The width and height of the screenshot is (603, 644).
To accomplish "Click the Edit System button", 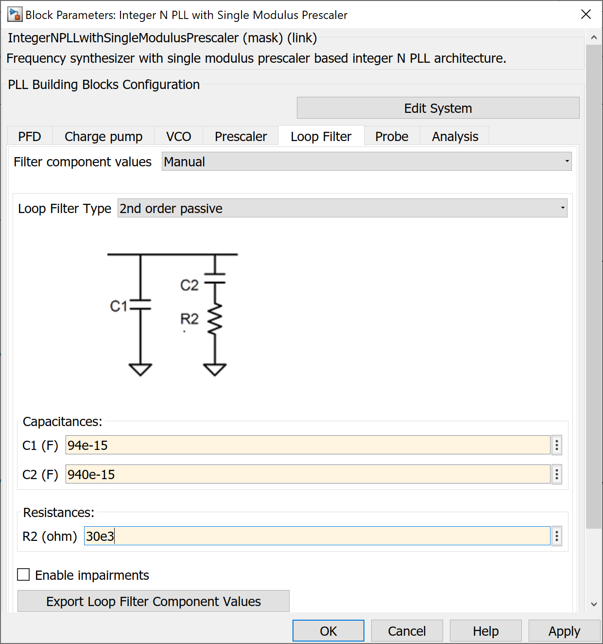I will pyautogui.click(x=438, y=108).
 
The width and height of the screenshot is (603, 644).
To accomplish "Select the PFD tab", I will pyautogui.click(x=30, y=137).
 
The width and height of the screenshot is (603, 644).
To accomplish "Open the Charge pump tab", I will pyautogui.click(x=103, y=137).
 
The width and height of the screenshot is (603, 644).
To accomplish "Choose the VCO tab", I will pyautogui.click(x=178, y=137).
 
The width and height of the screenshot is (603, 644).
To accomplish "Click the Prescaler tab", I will pyautogui.click(x=241, y=137).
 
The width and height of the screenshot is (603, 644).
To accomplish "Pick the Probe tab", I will pyautogui.click(x=392, y=137).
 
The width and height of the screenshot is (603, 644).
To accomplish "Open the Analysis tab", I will pyautogui.click(x=455, y=137).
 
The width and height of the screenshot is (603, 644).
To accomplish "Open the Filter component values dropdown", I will pyautogui.click(x=366, y=161).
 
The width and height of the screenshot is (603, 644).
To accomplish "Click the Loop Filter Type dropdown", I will pyautogui.click(x=342, y=208).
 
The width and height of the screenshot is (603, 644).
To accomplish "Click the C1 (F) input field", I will pyautogui.click(x=308, y=445).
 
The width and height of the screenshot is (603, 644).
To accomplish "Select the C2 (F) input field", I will pyautogui.click(x=308, y=474).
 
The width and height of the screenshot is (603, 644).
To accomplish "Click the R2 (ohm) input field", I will pyautogui.click(x=317, y=536).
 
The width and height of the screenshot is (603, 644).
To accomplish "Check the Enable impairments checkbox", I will pyautogui.click(x=23, y=575).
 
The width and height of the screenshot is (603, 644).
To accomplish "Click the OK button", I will pyautogui.click(x=328, y=631).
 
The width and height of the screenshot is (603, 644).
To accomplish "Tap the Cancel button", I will pyautogui.click(x=407, y=631).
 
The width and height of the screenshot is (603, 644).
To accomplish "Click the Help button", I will pyautogui.click(x=485, y=631).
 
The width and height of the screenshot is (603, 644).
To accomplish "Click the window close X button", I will pyautogui.click(x=586, y=15).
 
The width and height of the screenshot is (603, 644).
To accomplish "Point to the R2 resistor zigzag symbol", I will pyautogui.click(x=215, y=319).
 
